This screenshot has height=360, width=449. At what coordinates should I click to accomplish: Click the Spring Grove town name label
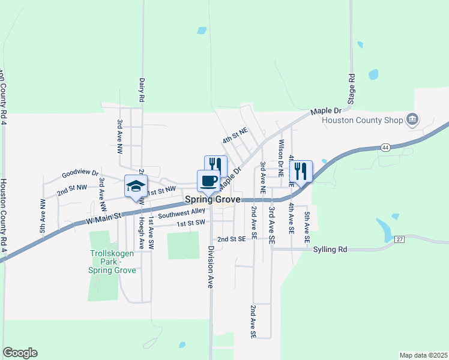pyautogui.click(x=212, y=199)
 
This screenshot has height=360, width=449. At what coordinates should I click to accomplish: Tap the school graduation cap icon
pyautogui.click(x=135, y=185)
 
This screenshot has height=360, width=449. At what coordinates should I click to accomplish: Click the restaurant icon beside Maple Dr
pyautogui.click(x=216, y=166)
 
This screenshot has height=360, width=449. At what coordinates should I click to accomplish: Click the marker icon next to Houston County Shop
pyautogui.click(x=412, y=119)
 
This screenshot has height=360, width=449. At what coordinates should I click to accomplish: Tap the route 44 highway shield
pyautogui.click(x=385, y=147)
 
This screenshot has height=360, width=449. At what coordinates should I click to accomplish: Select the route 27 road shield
pyautogui.click(x=400, y=239)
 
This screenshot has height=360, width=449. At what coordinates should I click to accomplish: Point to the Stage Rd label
pyautogui.click(x=352, y=86)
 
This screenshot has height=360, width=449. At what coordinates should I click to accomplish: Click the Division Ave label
pyautogui.click(x=211, y=267)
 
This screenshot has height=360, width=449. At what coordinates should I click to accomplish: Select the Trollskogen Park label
pyautogui.click(x=112, y=262)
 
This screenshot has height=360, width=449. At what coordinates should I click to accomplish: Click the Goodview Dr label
pyautogui.click(x=80, y=175)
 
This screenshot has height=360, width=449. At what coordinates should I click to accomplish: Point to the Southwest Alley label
pyautogui.click(x=182, y=213)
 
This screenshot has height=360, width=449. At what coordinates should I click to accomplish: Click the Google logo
pyautogui.click(x=20, y=353)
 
